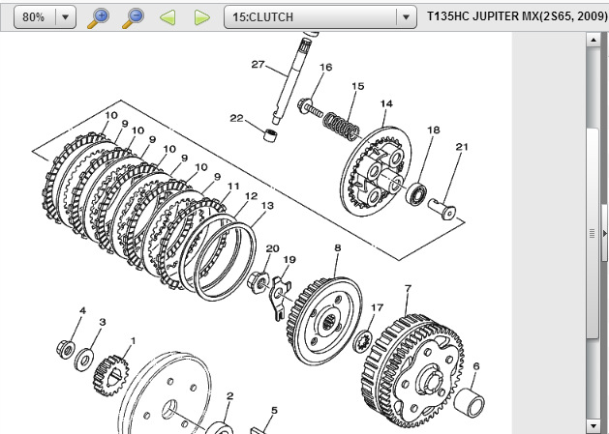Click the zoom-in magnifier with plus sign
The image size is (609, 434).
pyautogui.click(x=98, y=17)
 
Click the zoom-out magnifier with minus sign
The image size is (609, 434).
pyautogui.click(x=134, y=17)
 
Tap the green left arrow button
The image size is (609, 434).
pyautogui.click(x=167, y=17)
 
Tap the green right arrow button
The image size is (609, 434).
pyautogui.click(x=202, y=17)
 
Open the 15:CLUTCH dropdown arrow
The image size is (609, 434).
pyautogui.click(x=406, y=17)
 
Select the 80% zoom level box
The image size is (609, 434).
pyautogui.click(x=46, y=17)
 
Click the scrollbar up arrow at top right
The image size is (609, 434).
pyautogui.click(x=594, y=40)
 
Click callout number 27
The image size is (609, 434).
pyautogui.click(x=258, y=65)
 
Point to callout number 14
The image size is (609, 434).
pyautogui.click(x=386, y=103)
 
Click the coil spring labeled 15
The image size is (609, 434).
pyautogui.click(x=341, y=126)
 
